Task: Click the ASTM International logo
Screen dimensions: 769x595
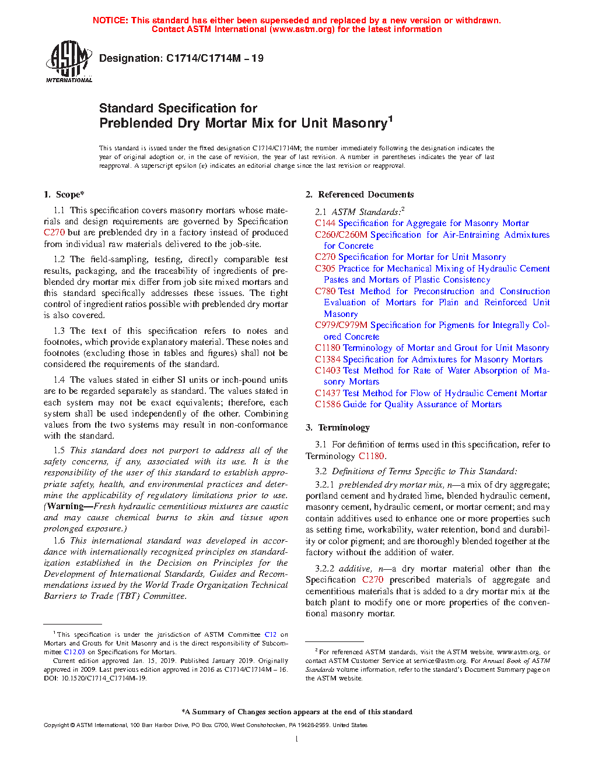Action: click(x=68, y=61)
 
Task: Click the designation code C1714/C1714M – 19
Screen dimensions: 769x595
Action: click(x=215, y=58)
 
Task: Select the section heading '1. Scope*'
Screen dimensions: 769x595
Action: click(x=64, y=195)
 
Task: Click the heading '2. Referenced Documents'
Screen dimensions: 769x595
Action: click(x=360, y=195)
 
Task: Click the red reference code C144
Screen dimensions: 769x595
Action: click(x=325, y=223)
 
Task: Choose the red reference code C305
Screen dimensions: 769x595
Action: click(x=325, y=269)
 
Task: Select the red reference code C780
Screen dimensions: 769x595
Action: click(x=325, y=291)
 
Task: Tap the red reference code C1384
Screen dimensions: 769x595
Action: click(x=328, y=359)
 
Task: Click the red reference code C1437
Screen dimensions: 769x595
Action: click(x=328, y=393)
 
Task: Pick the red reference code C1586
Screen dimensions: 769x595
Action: click(x=328, y=404)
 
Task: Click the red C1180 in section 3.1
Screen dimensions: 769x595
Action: click(x=372, y=456)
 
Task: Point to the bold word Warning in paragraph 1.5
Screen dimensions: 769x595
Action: click(x=65, y=506)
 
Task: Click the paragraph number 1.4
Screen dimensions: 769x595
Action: click(x=59, y=380)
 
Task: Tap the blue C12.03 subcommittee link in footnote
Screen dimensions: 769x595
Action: click(x=74, y=652)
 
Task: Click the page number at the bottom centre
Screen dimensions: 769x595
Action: click(x=297, y=739)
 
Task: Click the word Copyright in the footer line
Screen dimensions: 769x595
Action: click(x=56, y=725)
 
